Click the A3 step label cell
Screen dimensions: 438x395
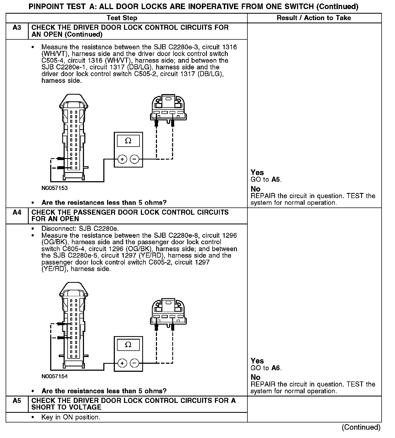[x=17, y=28]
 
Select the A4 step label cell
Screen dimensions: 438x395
[x=17, y=213]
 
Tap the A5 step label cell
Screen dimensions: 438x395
[x=17, y=401]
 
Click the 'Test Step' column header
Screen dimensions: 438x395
[x=122, y=18]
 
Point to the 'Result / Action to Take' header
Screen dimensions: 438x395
[x=314, y=18]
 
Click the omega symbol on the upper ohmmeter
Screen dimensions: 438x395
[x=128, y=141]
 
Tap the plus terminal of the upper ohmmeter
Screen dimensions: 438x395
[x=122, y=159]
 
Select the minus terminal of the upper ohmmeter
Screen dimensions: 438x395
[x=134, y=159]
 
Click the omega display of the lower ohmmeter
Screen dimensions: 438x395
[x=128, y=345]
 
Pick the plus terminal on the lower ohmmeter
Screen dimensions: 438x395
[x=122, y=363]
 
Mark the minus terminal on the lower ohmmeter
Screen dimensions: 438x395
[x=134, y=363]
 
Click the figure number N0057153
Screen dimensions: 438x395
[x=54, y=188]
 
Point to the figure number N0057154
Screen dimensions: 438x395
[x=54, y=376]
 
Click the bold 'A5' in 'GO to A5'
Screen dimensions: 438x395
[x=276, y=180]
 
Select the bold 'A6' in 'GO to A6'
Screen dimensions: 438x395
[x=276, y=368]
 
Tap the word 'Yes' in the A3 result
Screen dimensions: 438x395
[x=257, y=173]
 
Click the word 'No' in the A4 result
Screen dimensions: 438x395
[x=255, y=377]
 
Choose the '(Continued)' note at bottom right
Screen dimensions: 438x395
[x=361, y=427]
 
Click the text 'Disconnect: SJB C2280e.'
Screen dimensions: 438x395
[x=80, y=229]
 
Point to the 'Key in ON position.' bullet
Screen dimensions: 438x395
[x=71, y=417]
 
